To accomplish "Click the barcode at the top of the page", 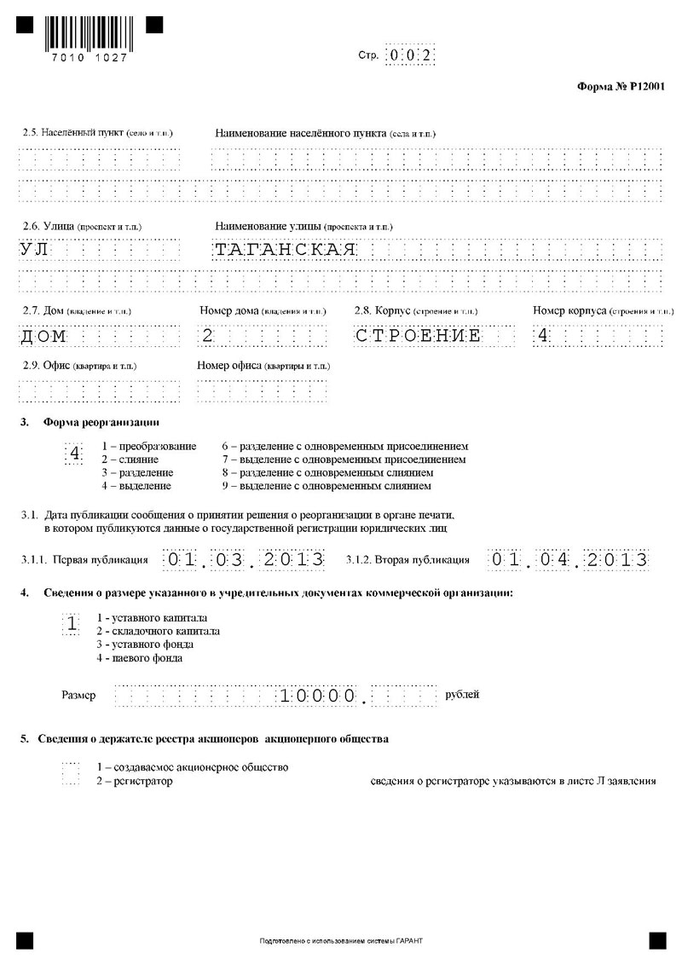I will click(x=89, y=30).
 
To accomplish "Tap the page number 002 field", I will click(x=410, y=55).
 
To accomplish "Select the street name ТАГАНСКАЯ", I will click(x=284, y=250).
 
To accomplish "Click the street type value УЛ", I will click(x=36, y=250).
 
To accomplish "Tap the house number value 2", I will click(x=207, y=336).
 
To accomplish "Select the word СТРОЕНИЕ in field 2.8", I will click(x=418, y=336).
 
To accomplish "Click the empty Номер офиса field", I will click(x=261, y=390).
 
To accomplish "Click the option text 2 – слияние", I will click(x=130, y=459).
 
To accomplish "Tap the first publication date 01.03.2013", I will click(x=245, y=560).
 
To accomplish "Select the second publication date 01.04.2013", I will click(x=569, y=560).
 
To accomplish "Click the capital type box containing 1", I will click(x=73, y=625).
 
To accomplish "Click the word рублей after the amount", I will click(x=462, y=695).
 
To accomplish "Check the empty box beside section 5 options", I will click(x=72, y=774).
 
